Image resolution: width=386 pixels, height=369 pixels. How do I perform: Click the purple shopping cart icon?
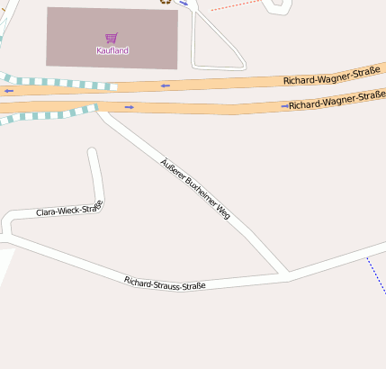(112, 38)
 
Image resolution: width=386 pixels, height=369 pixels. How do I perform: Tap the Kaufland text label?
(112, 50)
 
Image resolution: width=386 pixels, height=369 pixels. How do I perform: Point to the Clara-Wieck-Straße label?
(69, 210)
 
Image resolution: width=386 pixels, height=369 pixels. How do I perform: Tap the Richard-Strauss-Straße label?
(165, 283)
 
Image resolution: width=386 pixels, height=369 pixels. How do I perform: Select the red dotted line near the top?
(236, 5)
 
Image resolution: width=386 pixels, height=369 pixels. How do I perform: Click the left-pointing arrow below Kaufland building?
(165, 85)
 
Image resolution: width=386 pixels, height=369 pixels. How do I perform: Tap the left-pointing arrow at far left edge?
(8, 91)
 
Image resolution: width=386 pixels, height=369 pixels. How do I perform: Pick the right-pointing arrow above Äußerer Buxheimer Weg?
(130, 107)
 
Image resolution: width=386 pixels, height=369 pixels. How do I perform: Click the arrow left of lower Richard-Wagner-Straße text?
(284, 106)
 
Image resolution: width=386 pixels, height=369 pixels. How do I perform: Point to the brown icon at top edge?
(165, 2)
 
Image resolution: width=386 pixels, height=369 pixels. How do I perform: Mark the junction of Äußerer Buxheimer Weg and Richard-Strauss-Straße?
(287, 272)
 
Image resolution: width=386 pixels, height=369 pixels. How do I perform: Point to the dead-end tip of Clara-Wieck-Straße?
(91, 151)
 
